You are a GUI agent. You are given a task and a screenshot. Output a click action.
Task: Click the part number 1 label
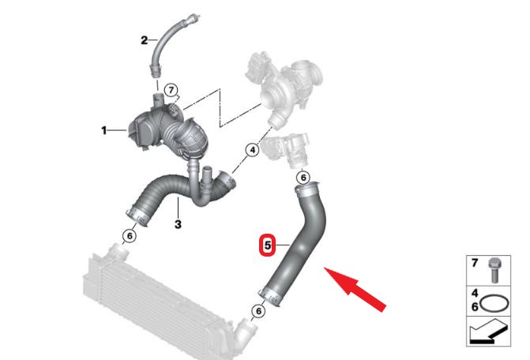[104, 130]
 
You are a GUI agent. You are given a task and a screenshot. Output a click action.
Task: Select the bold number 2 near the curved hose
[145, 40]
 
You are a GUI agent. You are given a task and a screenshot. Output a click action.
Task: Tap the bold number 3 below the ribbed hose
[178, 224]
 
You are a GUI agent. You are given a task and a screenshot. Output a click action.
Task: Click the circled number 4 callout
[252, 150]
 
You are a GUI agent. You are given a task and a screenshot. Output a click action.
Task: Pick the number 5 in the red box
[268, 245]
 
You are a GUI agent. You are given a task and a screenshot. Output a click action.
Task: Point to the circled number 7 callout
[171, 90]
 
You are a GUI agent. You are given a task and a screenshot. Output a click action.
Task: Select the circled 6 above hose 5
[303, 178]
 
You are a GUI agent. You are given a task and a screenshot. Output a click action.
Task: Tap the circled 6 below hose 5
[258, 310]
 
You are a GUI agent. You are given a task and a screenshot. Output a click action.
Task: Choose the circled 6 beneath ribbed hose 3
[130, 236]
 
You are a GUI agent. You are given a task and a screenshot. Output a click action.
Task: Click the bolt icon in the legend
[494, 270]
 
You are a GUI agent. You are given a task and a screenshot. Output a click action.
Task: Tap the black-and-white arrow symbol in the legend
[488, 332]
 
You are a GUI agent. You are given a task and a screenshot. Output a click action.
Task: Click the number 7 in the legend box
[474, 262]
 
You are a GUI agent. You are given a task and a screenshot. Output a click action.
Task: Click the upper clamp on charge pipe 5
[306, 189]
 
